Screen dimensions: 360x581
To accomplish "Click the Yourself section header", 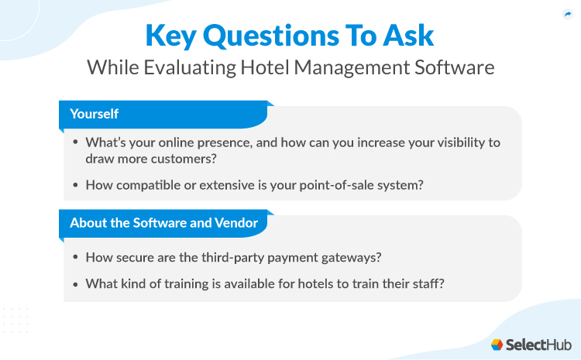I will coord(94,114).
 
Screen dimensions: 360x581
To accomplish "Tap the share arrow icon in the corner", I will coord(566,14).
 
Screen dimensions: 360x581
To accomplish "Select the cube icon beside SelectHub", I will coord(497,344).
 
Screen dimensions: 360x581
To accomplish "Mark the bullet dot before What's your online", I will coord(75,142).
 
